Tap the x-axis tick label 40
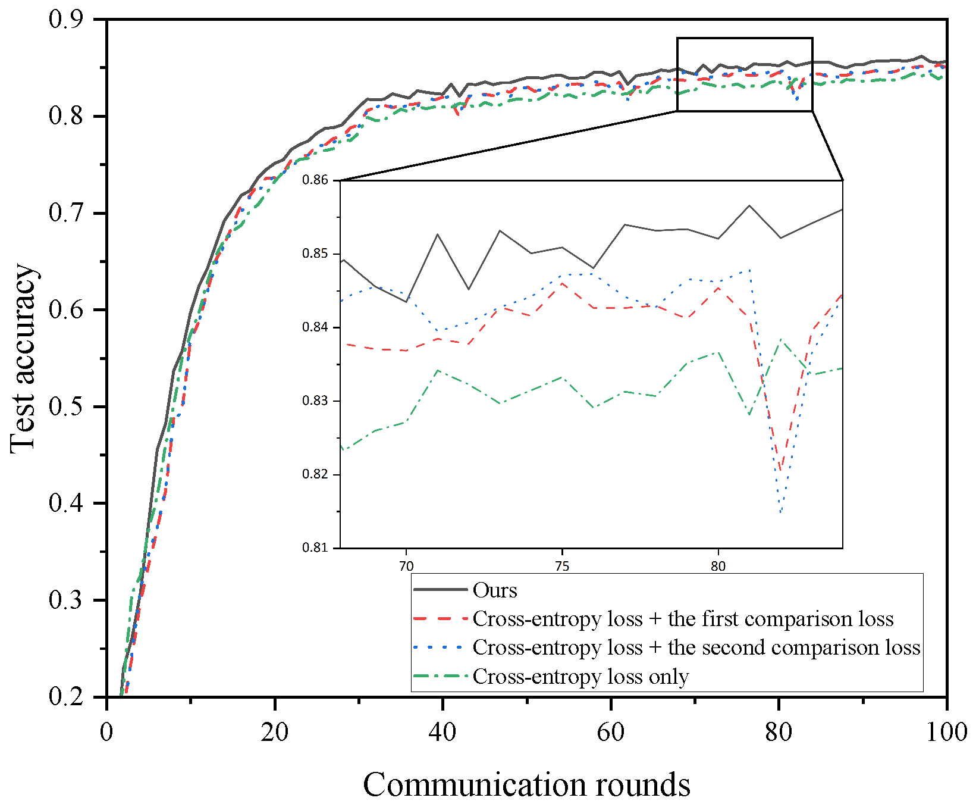(443, 731)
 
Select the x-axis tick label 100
(946, 731)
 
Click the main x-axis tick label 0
(106, 731)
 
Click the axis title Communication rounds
(526, 784)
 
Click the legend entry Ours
(495, 590)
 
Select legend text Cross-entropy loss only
(580, 677)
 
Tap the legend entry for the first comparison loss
(683, 619)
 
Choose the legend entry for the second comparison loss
(696, 648)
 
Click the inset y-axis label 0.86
(315, 180)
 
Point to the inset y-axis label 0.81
(315, 548)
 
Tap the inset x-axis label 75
(561, 566)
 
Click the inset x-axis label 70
(406, 566)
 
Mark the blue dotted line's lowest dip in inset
(780, 512)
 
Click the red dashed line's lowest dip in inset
(780, 470)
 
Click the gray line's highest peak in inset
(749, 206)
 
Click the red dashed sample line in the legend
(440, 619)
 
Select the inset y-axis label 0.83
(315, 401)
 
